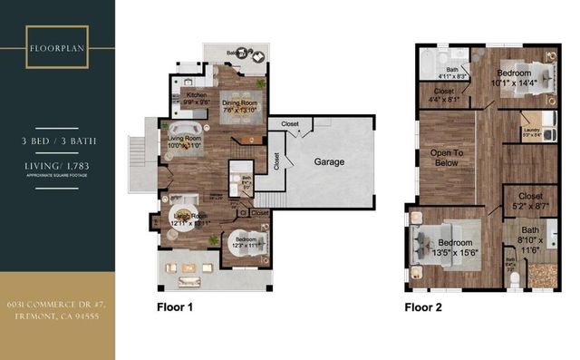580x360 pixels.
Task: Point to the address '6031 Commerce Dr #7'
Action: [57, 304]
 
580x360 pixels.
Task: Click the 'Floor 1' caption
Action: [174, 306]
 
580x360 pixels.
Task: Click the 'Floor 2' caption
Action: [422, 306]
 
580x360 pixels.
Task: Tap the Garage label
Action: [330, 161]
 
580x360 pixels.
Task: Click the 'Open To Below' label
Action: [447, 160]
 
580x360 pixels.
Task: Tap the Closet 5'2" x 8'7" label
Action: [530, 201]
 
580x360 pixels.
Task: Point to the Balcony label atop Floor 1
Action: [237, 54]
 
